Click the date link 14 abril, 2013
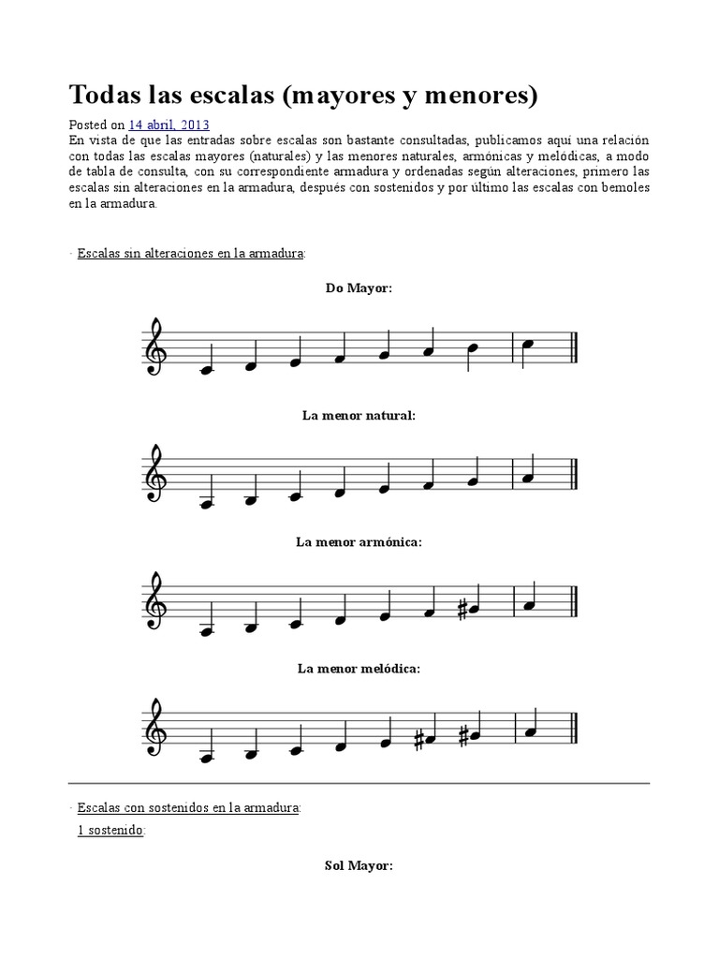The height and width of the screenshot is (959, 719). pos(169,124)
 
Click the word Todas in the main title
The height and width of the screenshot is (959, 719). pos(109,95)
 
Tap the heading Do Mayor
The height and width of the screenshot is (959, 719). pos(359,288)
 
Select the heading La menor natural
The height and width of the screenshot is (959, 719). pos(359,415)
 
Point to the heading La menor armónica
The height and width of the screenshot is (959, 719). pos(359,542)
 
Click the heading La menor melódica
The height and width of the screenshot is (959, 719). pos(359,669)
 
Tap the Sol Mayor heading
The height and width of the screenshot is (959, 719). pos(359,866)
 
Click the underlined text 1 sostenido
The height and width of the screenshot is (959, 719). pos(110,830)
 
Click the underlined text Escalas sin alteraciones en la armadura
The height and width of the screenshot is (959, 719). pos(191,254)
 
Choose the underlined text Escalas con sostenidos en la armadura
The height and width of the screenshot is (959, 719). pos(188,806)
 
